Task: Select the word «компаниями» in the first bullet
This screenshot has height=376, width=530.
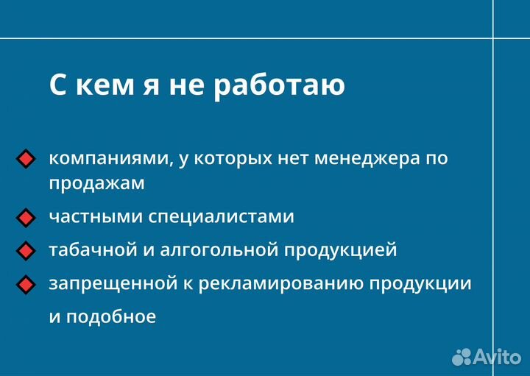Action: click(110, 158)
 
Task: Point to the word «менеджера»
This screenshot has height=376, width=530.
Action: click(364, 158)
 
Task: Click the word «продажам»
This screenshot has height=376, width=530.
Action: click(96, 184)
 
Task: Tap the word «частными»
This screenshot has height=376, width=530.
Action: click(96, 217)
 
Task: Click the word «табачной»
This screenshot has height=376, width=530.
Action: click(93, 250)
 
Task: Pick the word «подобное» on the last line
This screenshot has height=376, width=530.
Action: click(111, 317)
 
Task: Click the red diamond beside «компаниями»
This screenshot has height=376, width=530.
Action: click(26, 159)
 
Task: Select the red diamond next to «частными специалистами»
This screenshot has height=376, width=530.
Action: click(26, 218)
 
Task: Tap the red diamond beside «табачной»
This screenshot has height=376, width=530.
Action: click(26, 251)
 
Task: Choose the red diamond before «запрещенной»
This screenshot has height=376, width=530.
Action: click(26, 284)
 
